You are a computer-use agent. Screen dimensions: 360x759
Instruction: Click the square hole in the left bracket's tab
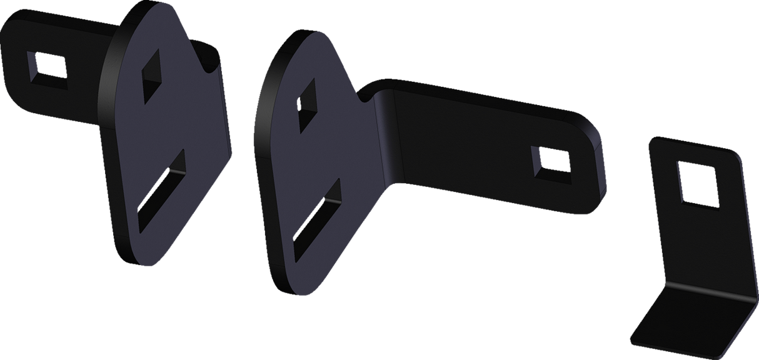[x=46, y=65]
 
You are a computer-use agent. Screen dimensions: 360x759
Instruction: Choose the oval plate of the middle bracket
[x=313, y=162]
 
